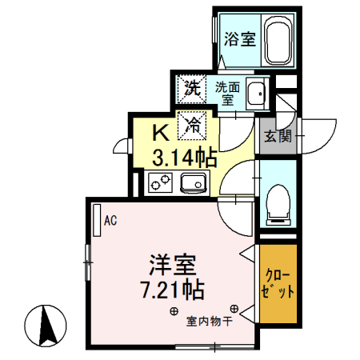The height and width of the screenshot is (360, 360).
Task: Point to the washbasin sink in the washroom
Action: click(x=258, y=94)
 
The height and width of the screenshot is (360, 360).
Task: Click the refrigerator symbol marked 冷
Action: click(x=193, y=123)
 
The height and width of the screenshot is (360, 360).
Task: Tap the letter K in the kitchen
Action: click(x=161, y=130)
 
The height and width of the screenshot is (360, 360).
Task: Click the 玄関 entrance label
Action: click(x=277, y=136)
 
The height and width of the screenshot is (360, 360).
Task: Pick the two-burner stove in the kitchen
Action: click(x=157, y=186)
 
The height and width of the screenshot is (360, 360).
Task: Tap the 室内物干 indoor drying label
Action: click(x=209, y=322)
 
